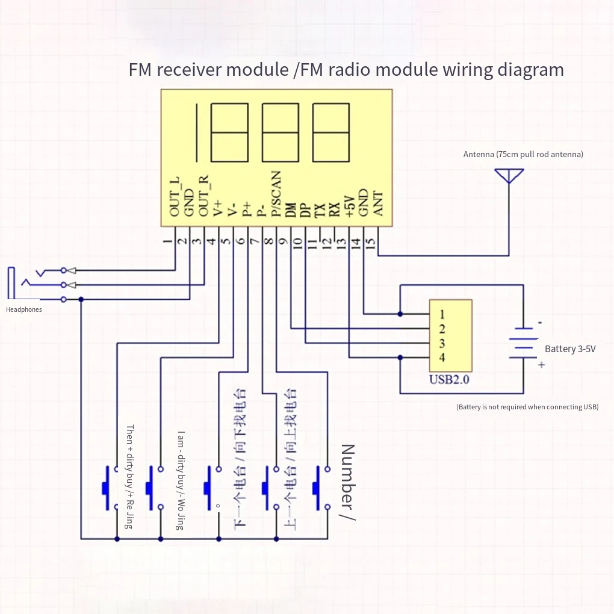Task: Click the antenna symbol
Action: coord(508,176)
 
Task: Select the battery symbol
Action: coord(523,346)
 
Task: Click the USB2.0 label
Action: coord(450,380)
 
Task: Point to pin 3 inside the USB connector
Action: coord(442,344)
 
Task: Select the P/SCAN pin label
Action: coord(276,194)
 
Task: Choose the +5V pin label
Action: coord(349,205)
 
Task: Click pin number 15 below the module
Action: coord(371,243)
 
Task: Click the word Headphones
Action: coord(24,310)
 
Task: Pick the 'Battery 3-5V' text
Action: coord(570,349)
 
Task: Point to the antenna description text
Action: coord(523,155)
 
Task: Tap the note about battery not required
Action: coord(527,408)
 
